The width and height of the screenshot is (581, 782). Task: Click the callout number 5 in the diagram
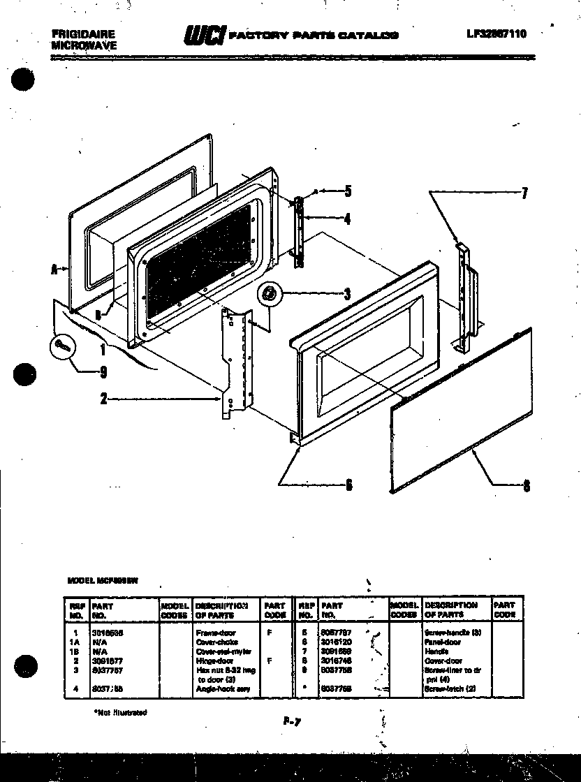click(x=348, y=190)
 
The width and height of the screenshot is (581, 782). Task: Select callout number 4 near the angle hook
click(x=348, y=219)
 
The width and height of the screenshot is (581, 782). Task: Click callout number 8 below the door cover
click(x=526, y=487)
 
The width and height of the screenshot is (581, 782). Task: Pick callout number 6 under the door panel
click(x=348, y=486)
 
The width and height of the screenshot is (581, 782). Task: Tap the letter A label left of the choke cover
click(x=54, y=269)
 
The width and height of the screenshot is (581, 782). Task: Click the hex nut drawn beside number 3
click(x=267, y=294)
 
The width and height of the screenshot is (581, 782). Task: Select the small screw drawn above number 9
click(x=61, y=344)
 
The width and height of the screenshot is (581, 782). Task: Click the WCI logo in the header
click(x=203, y=35)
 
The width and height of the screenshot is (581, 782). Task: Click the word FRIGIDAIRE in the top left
click(x=83, y=34)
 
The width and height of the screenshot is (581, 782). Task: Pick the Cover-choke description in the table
click(x=217, y=641)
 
